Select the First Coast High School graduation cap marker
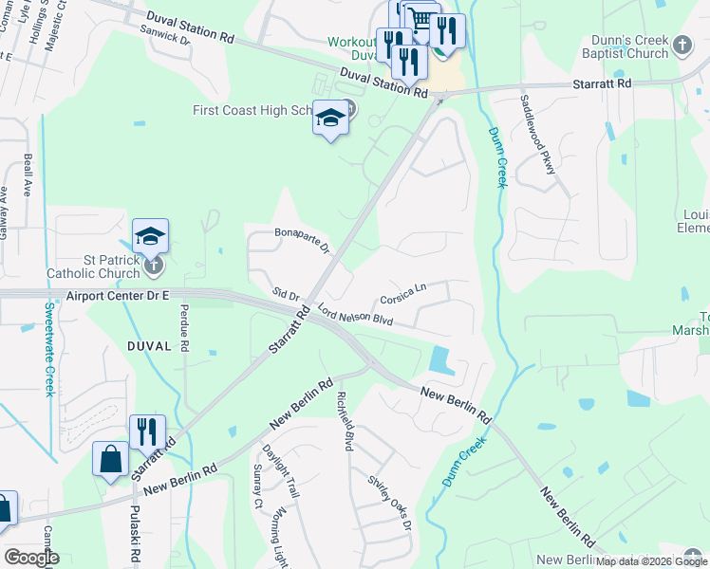pos(329,118)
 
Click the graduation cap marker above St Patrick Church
pos(150,235)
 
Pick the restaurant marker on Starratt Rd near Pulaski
pos(147,432)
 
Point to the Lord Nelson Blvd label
pos(355,315)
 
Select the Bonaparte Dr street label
pos(301,240)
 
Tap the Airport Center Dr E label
pos(118,297)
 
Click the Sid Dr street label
pos(285,295)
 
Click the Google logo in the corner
pos(31,558)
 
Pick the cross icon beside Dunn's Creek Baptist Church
pos(682,45)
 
